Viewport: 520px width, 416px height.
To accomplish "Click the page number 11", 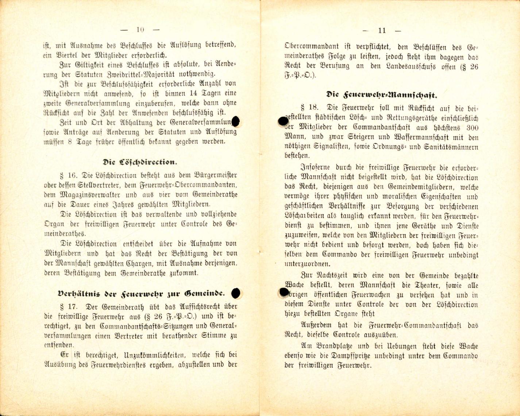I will click(382, 31).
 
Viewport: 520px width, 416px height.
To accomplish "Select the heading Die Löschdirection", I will click(140, 162).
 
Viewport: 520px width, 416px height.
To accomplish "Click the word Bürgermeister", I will click(216, 175).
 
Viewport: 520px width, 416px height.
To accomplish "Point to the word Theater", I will click(420, 285).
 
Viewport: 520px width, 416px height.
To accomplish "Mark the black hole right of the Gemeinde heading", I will click(236, 293).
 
